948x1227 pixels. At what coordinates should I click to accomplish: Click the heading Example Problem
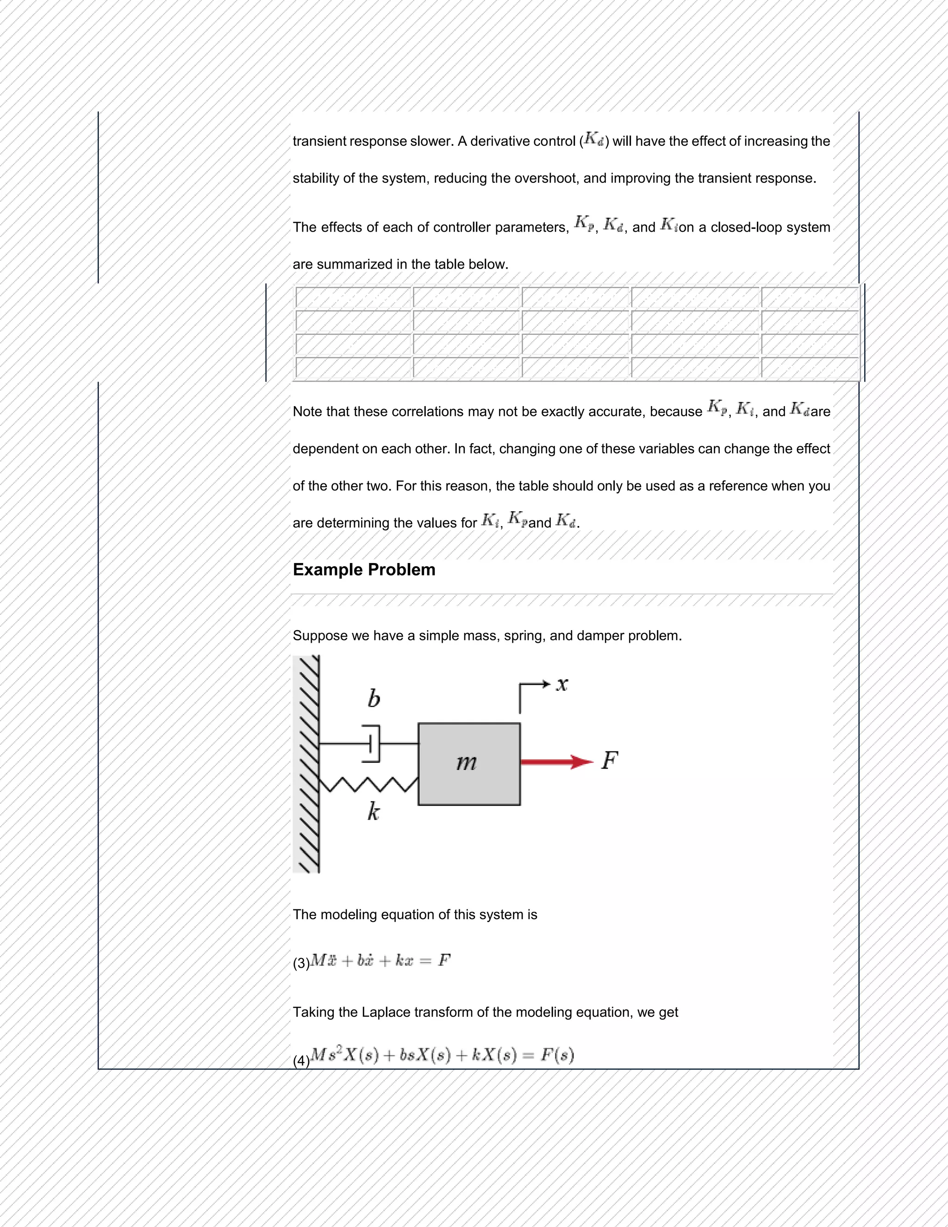(x=364, y=570)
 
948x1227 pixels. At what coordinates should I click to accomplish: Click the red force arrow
(x=556, y=762)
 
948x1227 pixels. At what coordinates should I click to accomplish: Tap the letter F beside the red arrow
(x=609, y=760)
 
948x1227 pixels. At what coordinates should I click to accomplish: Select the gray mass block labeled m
(x=469, y=764)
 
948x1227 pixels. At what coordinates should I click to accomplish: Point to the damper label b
(x=374, y=698)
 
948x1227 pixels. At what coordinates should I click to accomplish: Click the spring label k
(x=374, y=811)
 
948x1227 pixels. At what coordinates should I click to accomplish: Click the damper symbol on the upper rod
(x=372, y=744)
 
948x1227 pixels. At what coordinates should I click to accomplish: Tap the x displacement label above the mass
(x=562, y=684)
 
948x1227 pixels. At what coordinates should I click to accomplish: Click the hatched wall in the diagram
(x=306, y=764)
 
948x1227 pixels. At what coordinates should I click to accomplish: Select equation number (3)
(x=301, y=963)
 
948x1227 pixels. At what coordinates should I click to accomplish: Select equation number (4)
(x=301, y=1061)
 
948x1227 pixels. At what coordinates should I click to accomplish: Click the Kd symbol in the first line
(x=593, y=139)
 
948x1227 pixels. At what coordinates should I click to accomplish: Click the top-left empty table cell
(x=353, y=297)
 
